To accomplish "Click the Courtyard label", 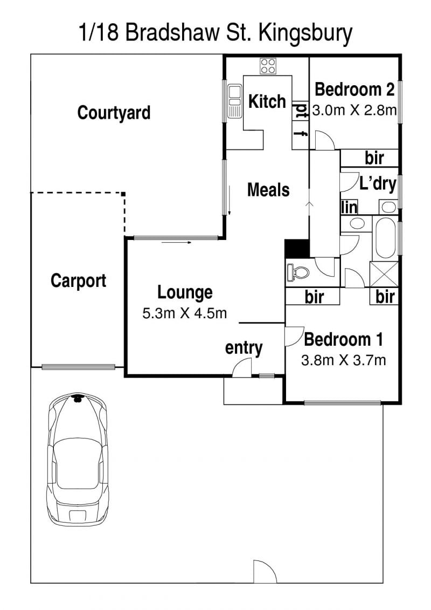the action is tap(114, 113).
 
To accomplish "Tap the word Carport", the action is tap(78, 280).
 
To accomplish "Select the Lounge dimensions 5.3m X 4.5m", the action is tap(185, 313).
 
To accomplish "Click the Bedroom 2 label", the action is tap(354, 90).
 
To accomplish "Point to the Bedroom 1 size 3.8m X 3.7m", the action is tap(344, 360).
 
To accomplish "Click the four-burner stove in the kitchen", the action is tap(268, 66).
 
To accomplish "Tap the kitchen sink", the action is tap(235, 101).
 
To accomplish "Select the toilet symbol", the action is tap(298, 272).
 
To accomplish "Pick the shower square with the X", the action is tap(384, 275).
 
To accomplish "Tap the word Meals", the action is tap(268, 190).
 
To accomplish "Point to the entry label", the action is tap(244, 348).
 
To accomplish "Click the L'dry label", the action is tap(378, 183).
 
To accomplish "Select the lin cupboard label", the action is tap(349, 207).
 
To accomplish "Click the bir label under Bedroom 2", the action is tap(374, 159).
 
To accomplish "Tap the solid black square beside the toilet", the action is tap(297, 249).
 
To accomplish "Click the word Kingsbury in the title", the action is tap(305, 33).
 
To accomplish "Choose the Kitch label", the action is tap(267, 101).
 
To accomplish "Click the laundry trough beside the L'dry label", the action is tap(388, 207).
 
